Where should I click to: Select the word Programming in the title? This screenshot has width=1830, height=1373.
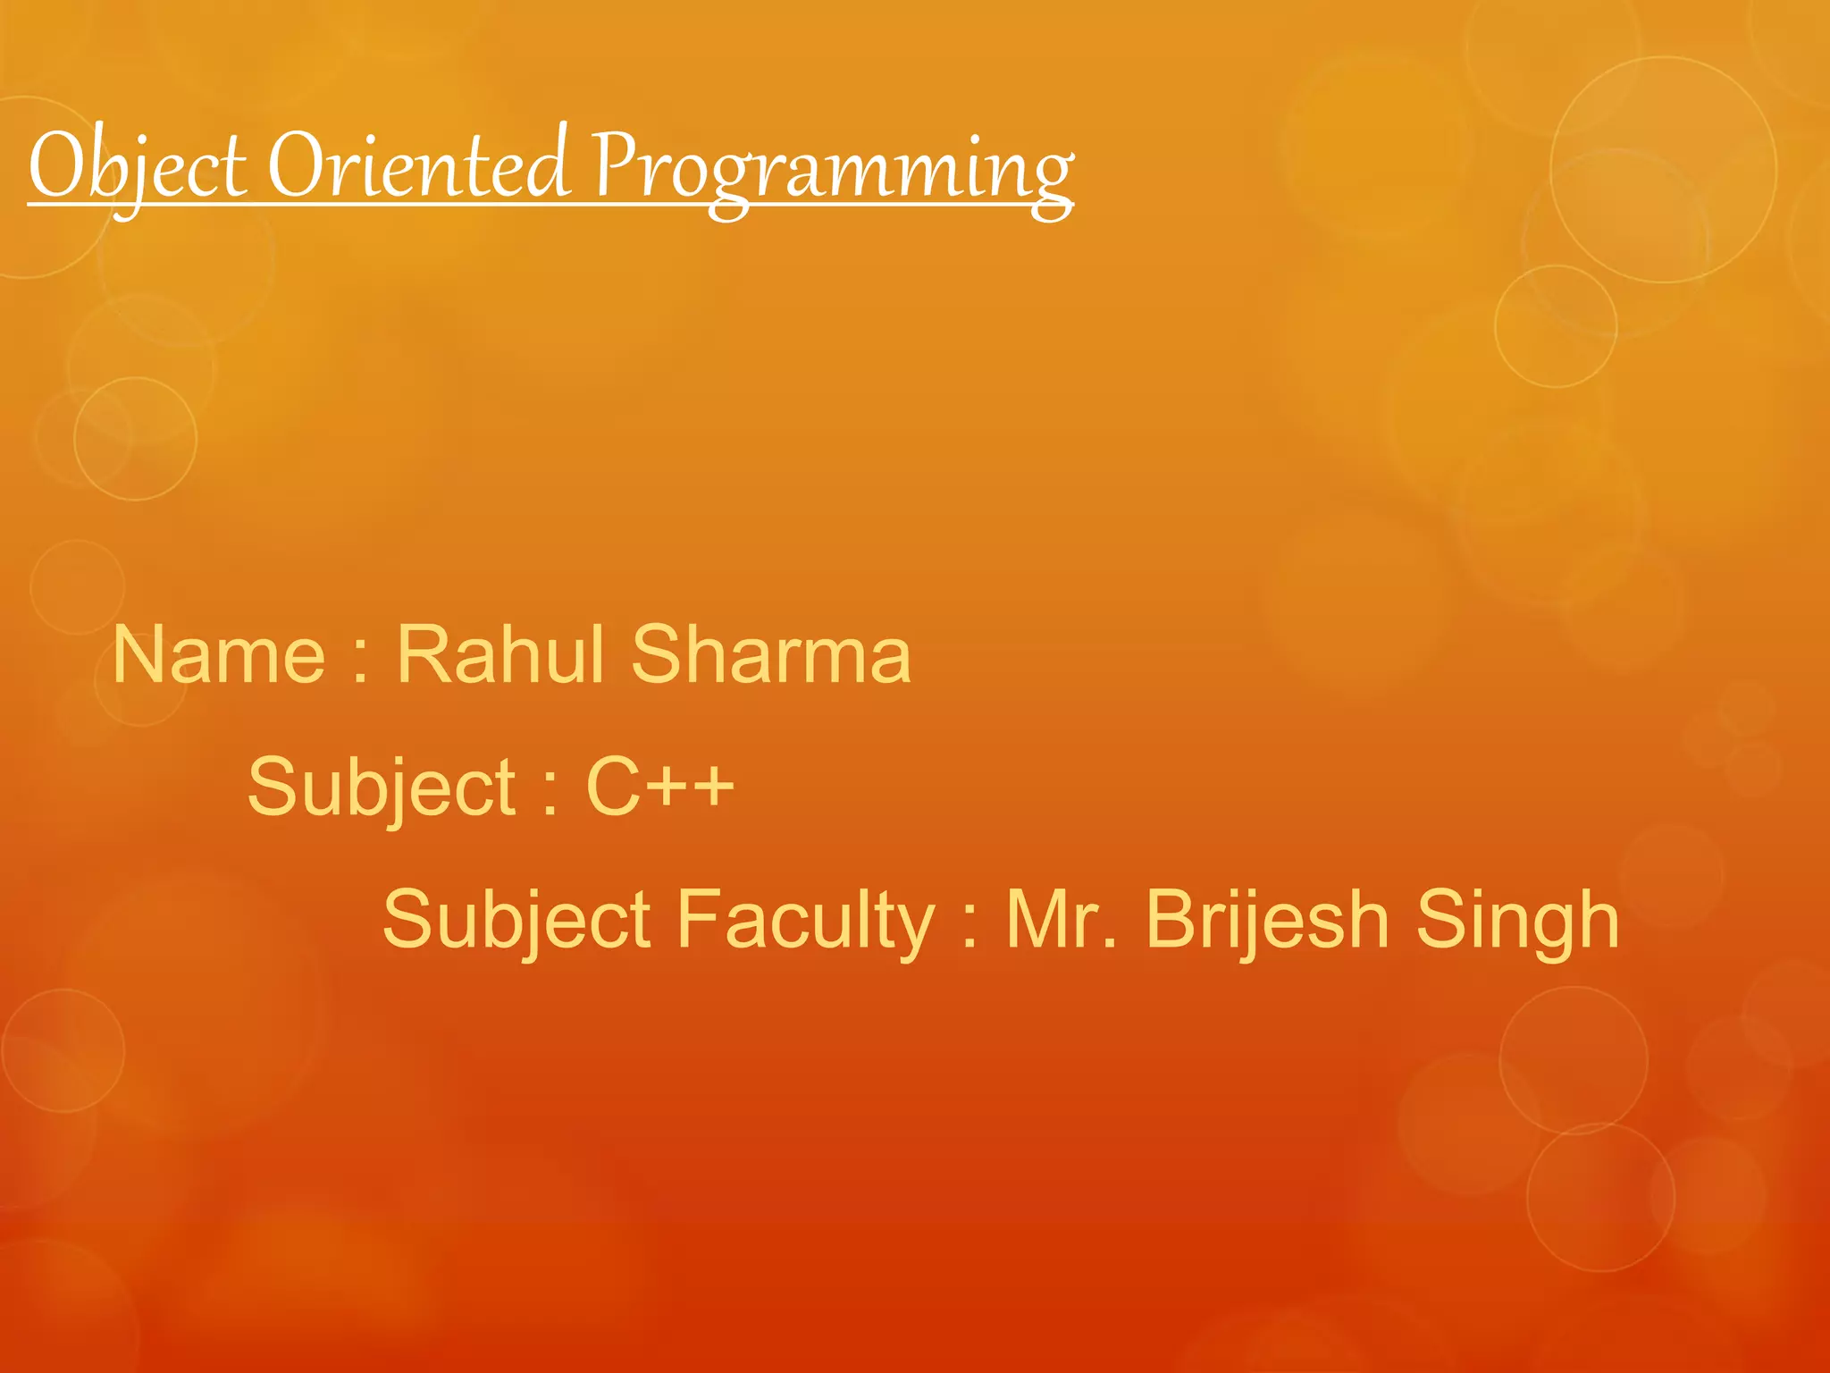click(x=833, y=170)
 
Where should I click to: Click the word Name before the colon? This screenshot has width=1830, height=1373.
click(x=219, y=655)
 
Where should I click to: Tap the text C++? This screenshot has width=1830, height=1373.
click(x=659, y=786)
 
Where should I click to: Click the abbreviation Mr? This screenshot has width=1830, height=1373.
click(x=1061, y=919)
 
